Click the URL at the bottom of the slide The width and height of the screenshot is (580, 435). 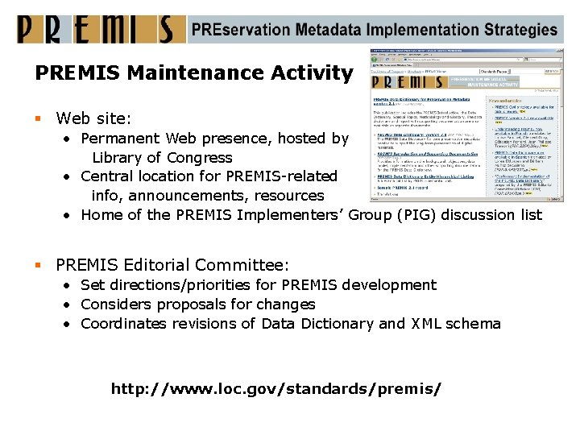click(276, 389)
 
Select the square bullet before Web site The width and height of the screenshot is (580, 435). click(39, 119)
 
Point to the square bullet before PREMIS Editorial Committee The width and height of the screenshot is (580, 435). click(39, 265)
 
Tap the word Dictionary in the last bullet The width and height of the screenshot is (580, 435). click(337, 324)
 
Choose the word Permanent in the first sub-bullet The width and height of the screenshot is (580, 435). click(119, 139)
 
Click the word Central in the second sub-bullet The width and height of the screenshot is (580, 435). click(108, 176)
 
